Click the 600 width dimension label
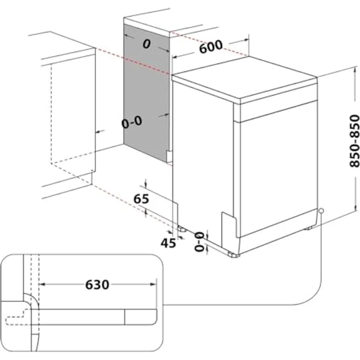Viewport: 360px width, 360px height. coord(211,47)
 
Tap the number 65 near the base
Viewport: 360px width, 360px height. coord(141,199)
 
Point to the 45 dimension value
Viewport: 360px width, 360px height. coord(168,242)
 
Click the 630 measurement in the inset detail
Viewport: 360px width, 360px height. coord(97,284)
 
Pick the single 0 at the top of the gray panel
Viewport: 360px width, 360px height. coord(146,44)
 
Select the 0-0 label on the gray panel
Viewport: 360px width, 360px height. coord(132,122)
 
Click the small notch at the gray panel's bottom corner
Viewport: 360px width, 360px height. coord(169,157)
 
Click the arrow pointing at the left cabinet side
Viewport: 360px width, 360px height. coord(98,131)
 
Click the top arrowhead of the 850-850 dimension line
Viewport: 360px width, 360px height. coord(353,71)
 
